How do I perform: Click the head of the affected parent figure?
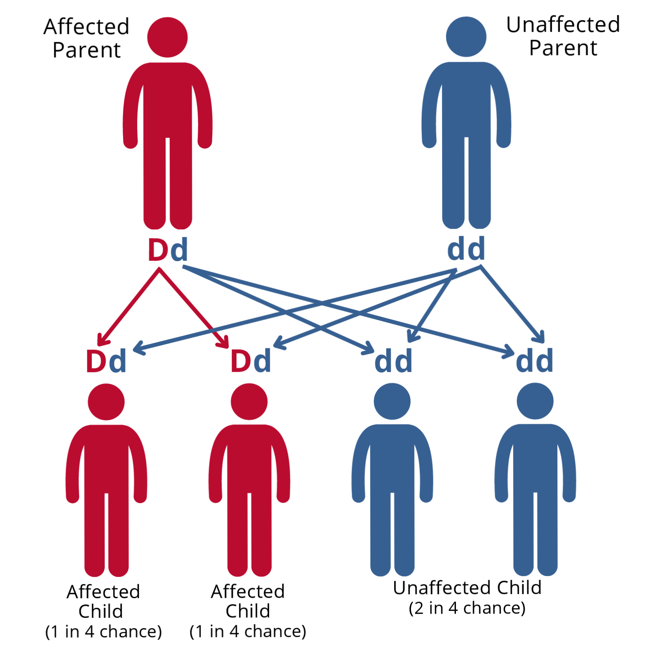tap(167, 37)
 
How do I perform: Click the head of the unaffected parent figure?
tap(466, 37)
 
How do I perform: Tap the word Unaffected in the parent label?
tap(563, 25)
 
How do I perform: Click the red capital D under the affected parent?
tap(158, 250)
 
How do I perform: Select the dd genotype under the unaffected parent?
tap(466, 249)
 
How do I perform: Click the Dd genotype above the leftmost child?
tap(106, 361)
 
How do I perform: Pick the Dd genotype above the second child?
tap(251, 361)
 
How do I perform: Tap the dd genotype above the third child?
tap(393, 361)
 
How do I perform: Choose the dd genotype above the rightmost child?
tap(534, 361)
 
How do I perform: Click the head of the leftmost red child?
tap(106, 402)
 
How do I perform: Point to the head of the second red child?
tap(249, 401)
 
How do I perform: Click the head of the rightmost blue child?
tap(535, 401)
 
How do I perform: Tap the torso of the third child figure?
tap(392, 459)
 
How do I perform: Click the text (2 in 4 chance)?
tap(467, 608)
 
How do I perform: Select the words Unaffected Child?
tap(467, 588)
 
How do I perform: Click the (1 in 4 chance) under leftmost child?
tap(103, 632)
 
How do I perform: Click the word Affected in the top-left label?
tap(86, 27)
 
